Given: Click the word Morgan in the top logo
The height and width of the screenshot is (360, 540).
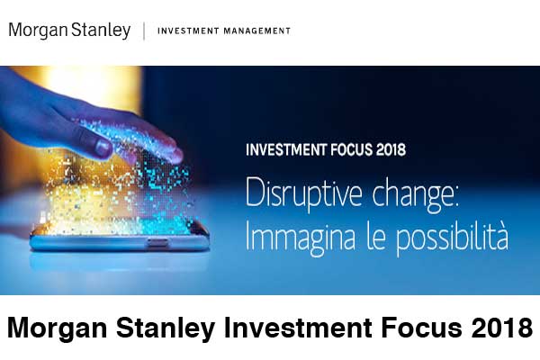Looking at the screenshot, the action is click(38, 31).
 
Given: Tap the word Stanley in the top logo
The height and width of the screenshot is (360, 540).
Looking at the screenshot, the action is click(101, 31).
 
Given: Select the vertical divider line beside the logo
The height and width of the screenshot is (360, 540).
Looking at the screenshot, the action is click(144, 31).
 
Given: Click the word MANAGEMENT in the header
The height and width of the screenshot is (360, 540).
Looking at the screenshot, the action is click(256, 31).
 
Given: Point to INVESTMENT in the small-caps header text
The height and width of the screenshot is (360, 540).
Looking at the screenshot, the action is click(188, 31).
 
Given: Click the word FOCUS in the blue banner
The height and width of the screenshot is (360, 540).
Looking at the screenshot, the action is click(351, 150).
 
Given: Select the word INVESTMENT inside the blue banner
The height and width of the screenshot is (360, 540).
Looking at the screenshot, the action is click(286, 150).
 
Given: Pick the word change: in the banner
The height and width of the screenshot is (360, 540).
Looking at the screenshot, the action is click(416, 195).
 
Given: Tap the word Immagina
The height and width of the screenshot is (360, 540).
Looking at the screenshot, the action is click(300, 238).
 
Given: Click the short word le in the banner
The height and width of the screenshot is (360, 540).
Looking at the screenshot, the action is click(376, 237).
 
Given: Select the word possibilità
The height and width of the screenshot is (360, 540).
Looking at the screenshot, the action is click(452, 238).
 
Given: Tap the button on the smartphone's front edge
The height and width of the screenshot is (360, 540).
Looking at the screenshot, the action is click(157, 242).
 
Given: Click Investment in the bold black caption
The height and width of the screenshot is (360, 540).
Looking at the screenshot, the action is click(298, 328).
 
